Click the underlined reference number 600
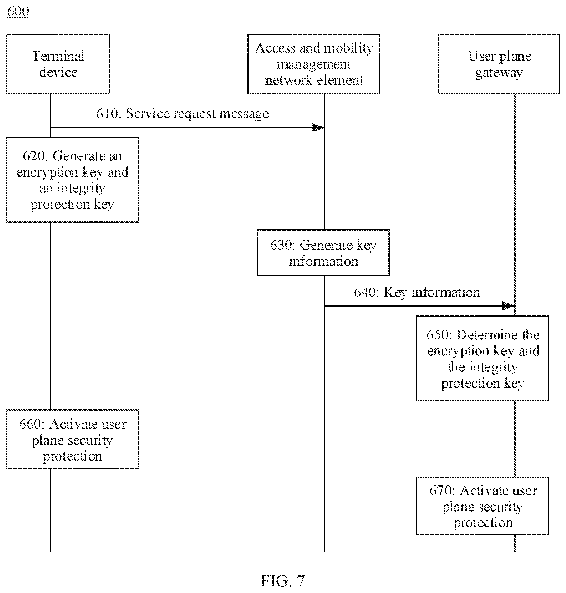(x=18, y=11)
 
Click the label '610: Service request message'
(x=182, y=114)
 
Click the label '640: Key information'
(x=417, y=293)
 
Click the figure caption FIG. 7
(x=283, y=581)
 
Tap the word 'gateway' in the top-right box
(x=499, y=73)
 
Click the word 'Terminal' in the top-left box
(x=58, y=56)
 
